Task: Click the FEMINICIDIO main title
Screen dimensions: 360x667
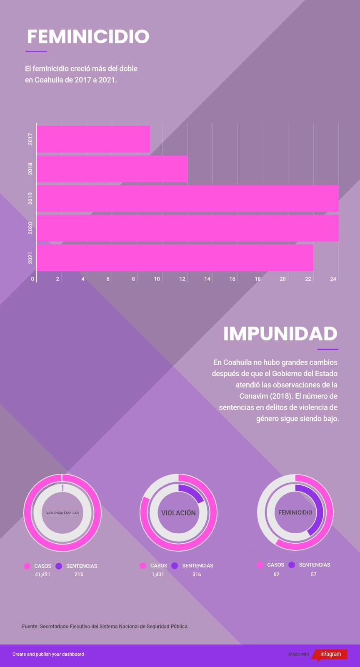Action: coord(88,37)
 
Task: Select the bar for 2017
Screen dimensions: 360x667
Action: coord(93,139)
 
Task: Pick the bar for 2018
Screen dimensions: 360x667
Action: coord(112,169)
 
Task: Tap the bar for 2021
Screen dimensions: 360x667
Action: coord(175,257)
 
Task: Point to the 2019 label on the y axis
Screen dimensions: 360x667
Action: coord(30,198)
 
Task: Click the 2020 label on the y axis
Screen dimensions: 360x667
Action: coord(30,228)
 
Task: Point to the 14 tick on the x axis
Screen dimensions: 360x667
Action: coord(207,279)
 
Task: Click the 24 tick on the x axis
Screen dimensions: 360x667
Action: coord(333,279)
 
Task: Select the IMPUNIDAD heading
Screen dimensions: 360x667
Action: coord(280,333)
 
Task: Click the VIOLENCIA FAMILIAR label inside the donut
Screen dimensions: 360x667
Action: coord(62,513)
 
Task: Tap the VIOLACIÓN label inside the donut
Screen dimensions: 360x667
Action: coord(178,513)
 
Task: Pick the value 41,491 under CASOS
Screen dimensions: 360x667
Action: coord(42,575)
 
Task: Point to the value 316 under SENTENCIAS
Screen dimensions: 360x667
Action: coord(197,575)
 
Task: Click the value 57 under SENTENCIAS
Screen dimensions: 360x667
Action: coord(314,574)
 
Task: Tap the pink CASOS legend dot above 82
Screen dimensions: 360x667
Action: coord(260,565)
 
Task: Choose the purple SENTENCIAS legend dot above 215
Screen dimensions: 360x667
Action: coord(59,566)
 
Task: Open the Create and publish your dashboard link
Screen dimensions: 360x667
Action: coord(48,654)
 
